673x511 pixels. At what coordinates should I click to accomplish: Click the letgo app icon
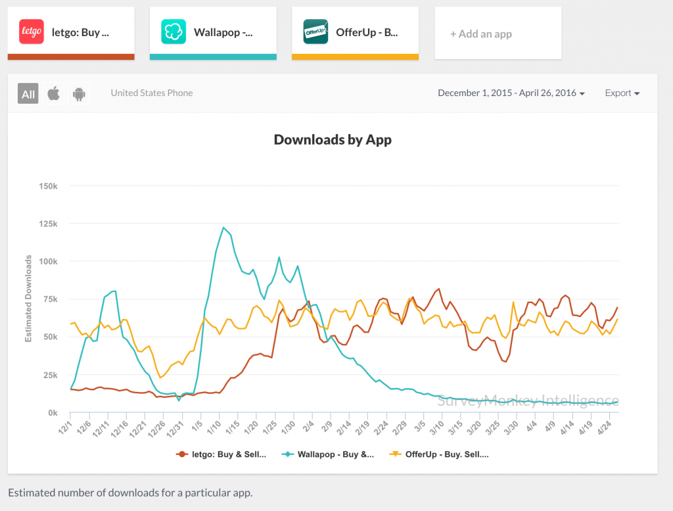[x=32, y=31]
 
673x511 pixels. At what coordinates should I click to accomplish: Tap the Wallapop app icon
[x=174, y=31]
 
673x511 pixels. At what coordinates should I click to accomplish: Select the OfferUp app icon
[x=315, y=31]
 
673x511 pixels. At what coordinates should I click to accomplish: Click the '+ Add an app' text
[x=480, y=34]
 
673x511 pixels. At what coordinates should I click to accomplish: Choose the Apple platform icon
[x=54, y=93]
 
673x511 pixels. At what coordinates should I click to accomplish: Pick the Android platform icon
[x=79, y=93]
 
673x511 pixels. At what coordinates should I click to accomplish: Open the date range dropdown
[x=511, y=93]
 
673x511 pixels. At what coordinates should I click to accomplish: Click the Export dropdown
[x=622, y=93]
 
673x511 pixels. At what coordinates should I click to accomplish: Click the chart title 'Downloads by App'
[x=333, y=139]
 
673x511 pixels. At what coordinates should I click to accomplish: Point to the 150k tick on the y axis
[x=49, y=186]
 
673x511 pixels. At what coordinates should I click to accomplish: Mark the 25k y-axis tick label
[x=51, y=375]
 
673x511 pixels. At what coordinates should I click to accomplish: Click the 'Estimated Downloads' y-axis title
[x=28, y=299]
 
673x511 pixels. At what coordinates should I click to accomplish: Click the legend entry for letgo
[x=221, y=454]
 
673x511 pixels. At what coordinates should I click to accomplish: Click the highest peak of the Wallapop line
[x=223, y=228]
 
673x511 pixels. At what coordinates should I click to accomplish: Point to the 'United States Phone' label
[x=152, y=93]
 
